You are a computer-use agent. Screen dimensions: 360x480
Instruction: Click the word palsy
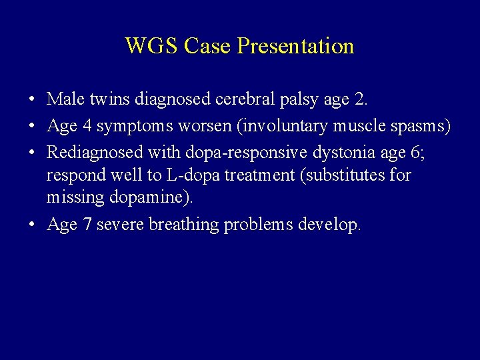point(297,100)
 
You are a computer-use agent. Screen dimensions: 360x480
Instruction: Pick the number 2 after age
point(361,100)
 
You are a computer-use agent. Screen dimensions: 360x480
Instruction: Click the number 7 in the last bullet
point(86,225)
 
